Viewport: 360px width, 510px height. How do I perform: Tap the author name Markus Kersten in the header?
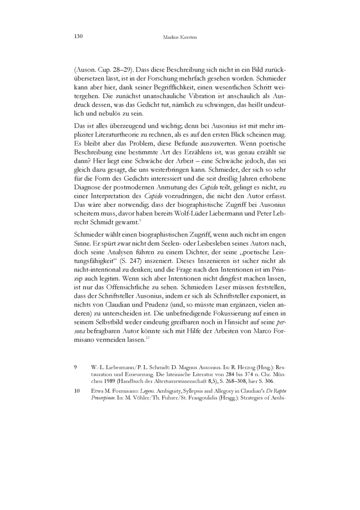(x=180, y=37)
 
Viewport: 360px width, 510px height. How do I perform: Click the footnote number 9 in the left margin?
(x=75, y=368)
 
